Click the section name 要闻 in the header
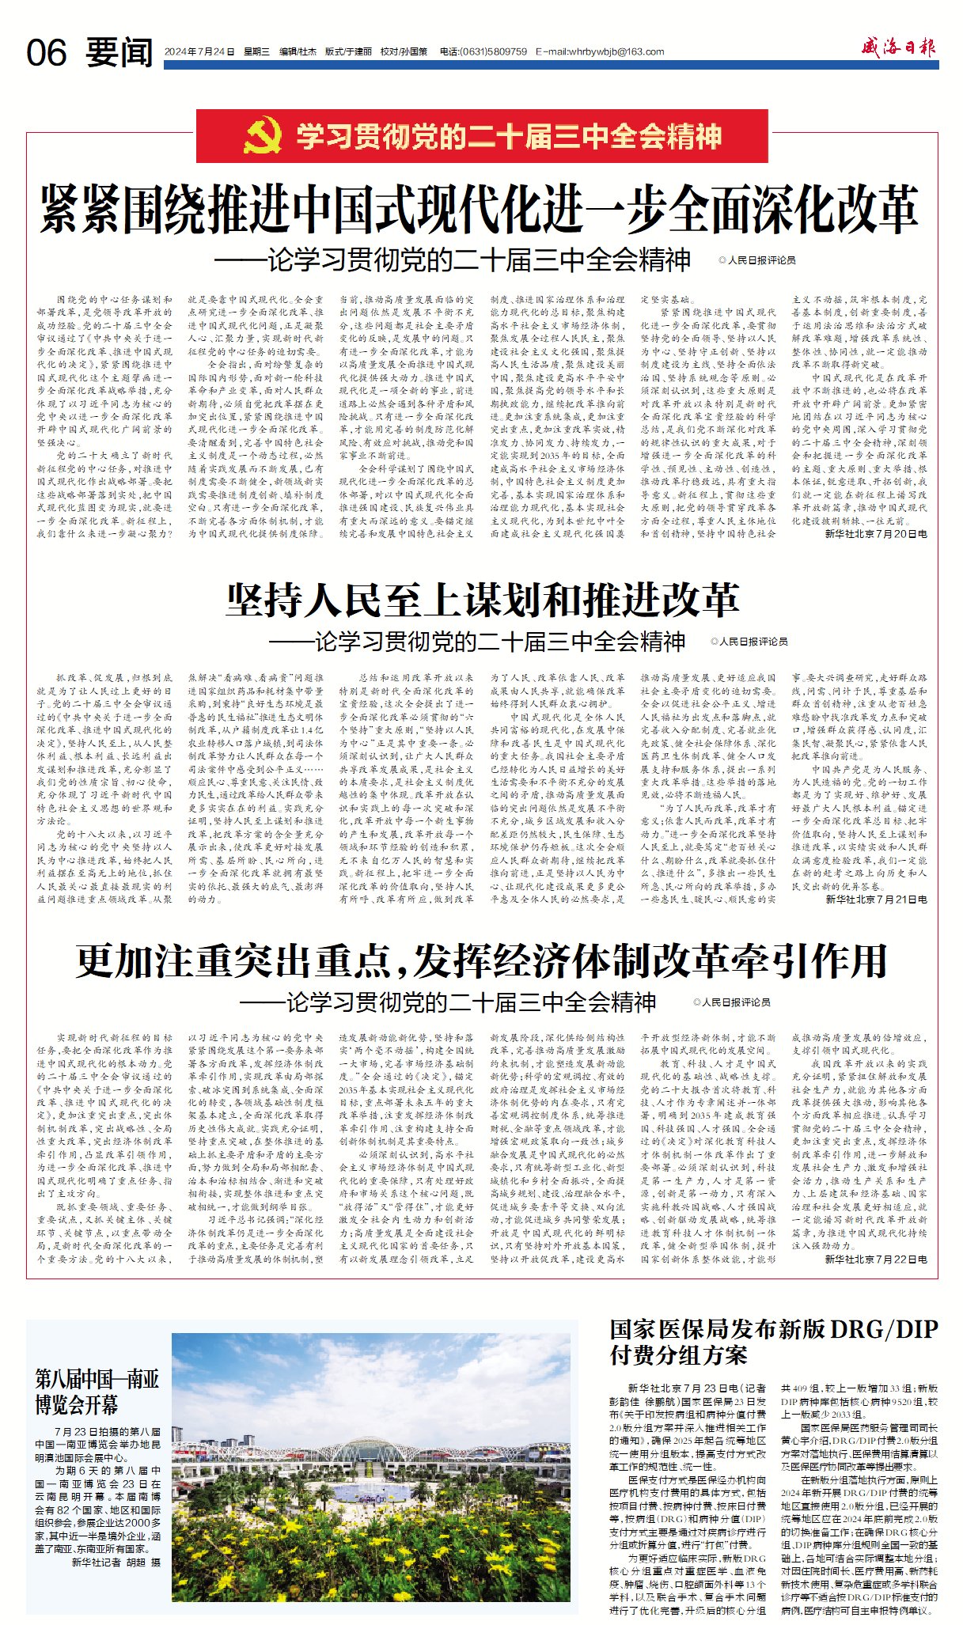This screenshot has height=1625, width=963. pos(119,52)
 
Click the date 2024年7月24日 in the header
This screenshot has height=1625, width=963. pos(199,52)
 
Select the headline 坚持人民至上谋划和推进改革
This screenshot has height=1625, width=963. pos(483,600)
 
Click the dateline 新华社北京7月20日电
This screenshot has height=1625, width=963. pos(876,534)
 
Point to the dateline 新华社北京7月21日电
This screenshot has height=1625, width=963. pos(876,900)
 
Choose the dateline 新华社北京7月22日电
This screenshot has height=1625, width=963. pos(876,1259)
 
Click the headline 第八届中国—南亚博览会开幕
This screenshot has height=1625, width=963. pos(97,1392)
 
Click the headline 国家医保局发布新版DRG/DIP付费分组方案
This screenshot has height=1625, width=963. pos(773,1342)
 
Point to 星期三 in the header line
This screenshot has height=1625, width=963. pos(256,52)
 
